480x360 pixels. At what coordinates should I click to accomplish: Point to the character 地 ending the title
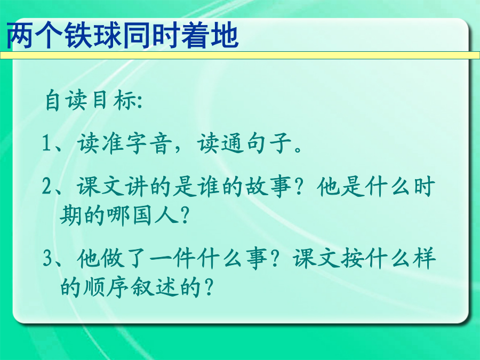225,35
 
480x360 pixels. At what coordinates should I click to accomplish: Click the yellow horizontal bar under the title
240,55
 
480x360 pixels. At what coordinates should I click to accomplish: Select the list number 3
47,258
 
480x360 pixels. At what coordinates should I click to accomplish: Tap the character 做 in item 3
113,258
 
